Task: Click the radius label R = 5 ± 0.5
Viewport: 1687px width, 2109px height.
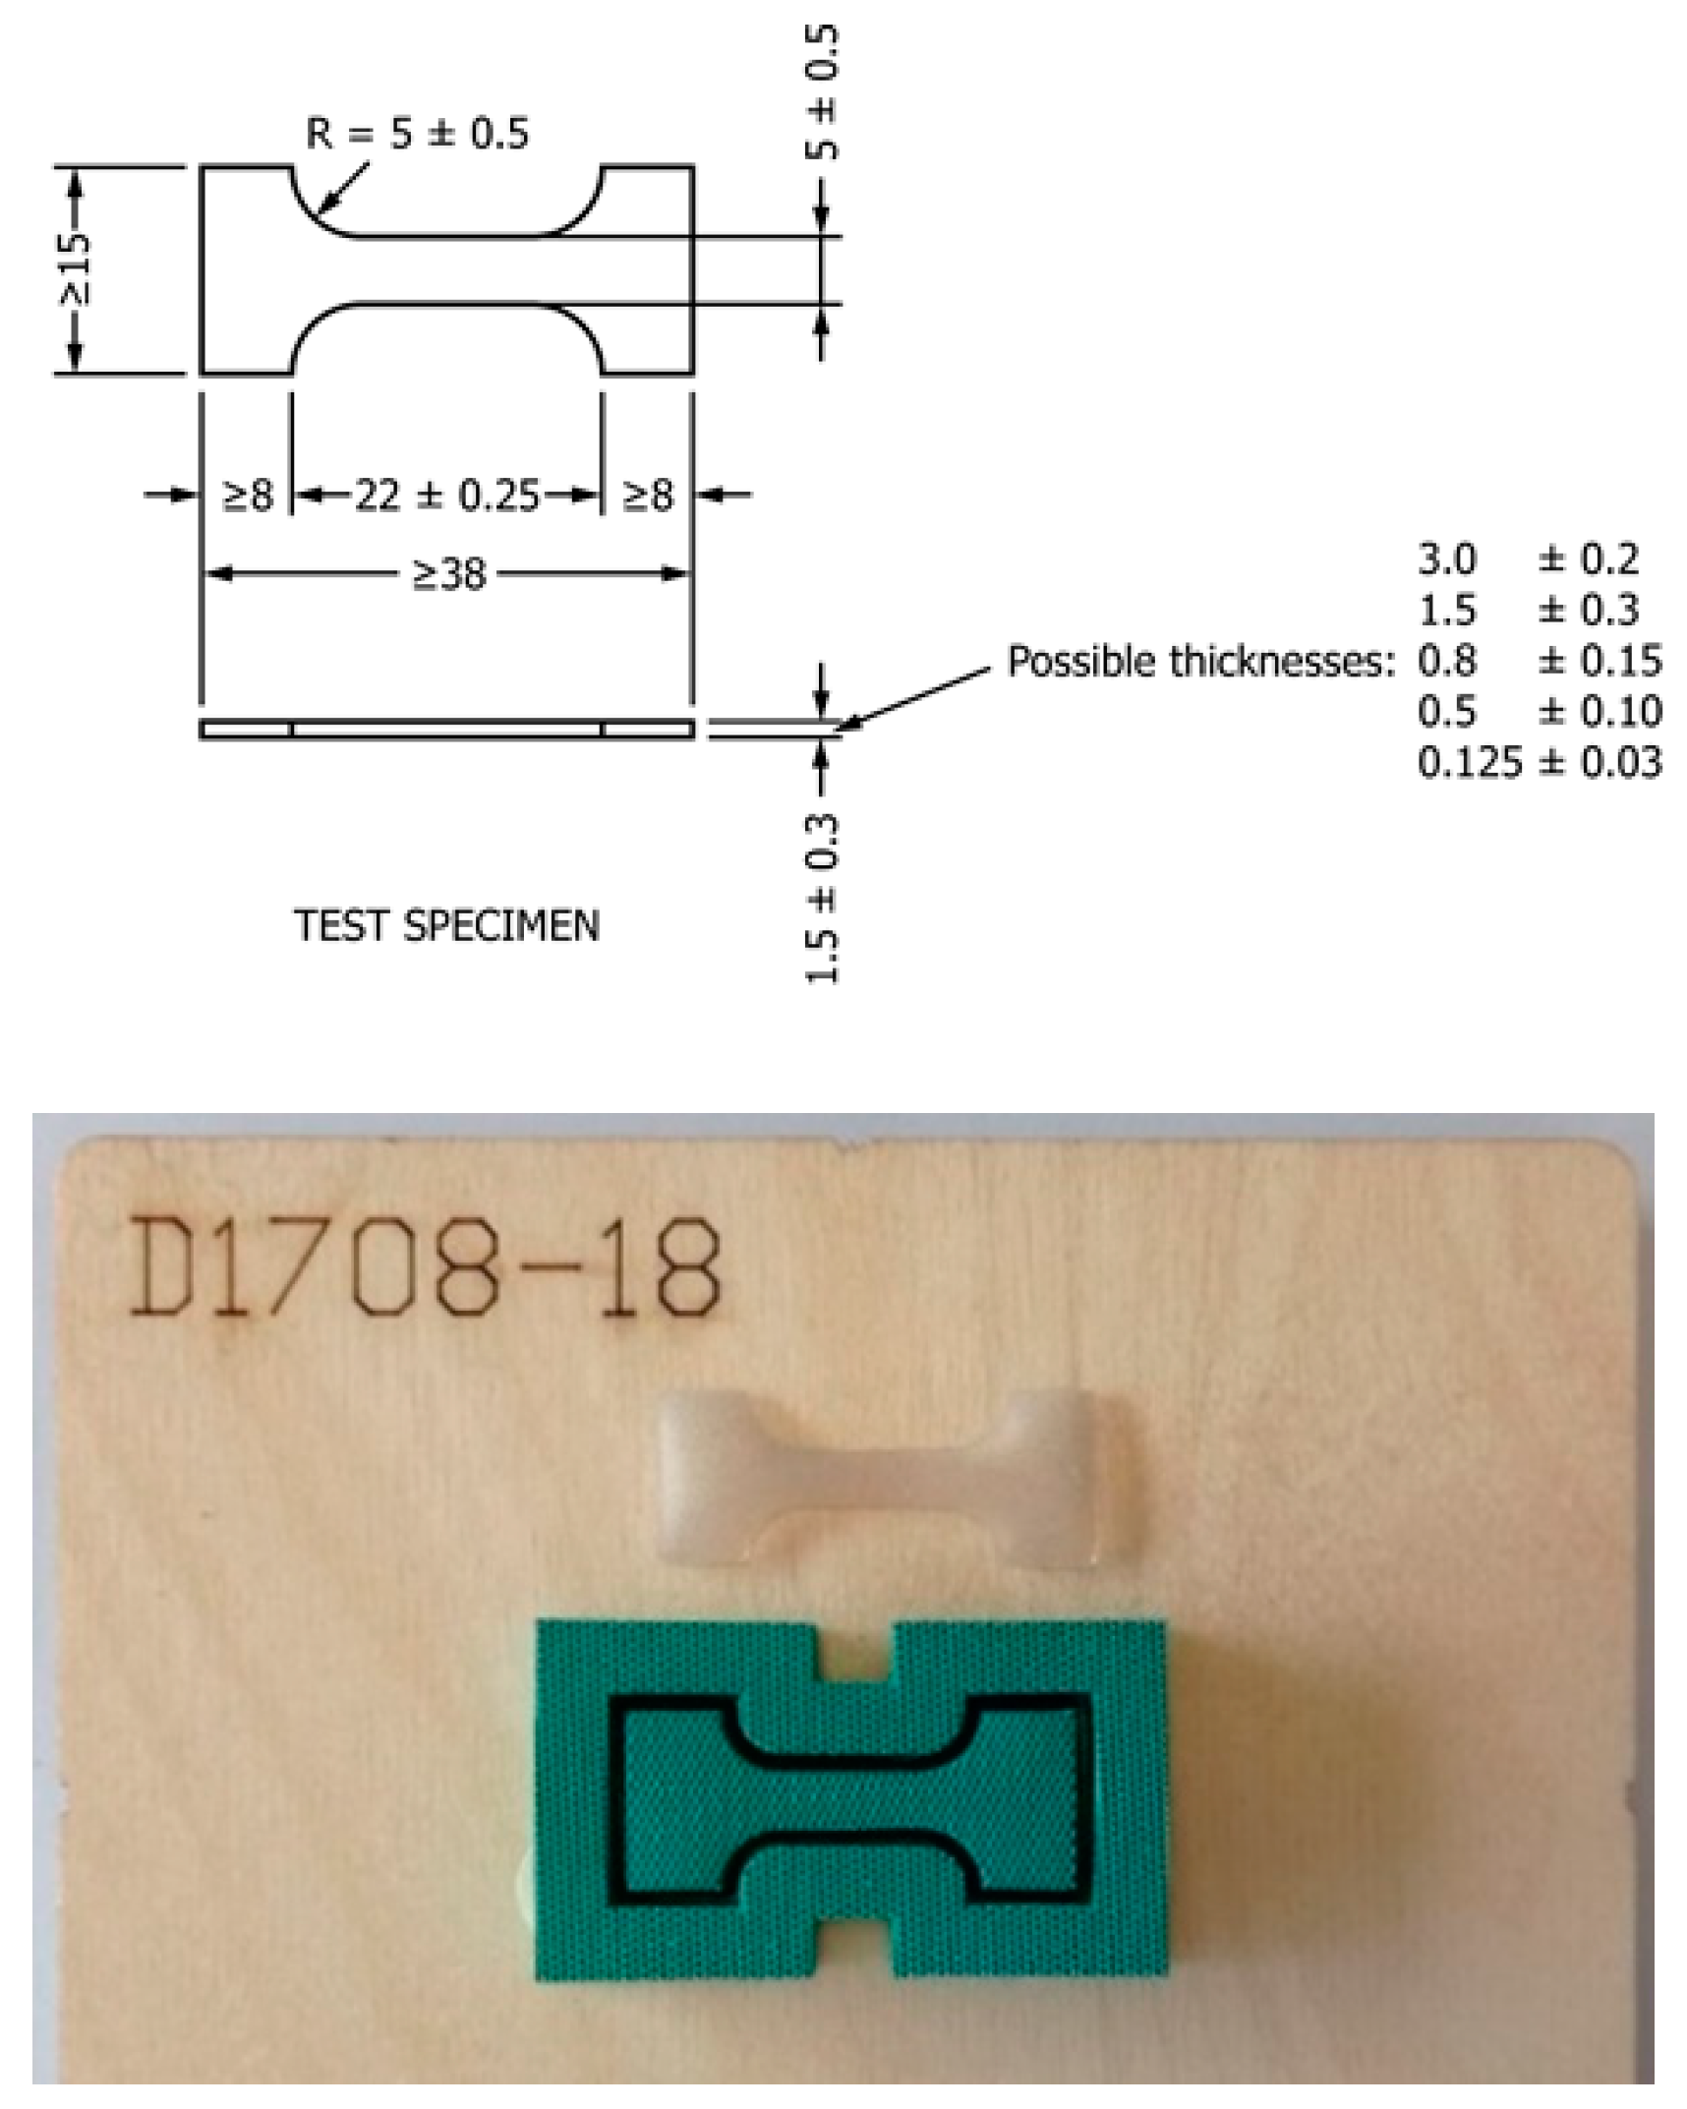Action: [418, 133]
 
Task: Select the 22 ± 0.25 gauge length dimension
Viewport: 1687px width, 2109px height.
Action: [447, 495]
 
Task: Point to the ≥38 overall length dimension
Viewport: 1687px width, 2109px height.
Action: [448, 573]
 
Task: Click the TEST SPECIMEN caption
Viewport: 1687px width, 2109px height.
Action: [447, 925]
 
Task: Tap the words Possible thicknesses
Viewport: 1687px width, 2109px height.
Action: [1200, 662]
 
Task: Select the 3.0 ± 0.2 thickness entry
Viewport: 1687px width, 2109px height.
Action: [1528, 559]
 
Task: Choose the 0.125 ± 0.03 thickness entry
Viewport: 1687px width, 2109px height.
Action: [1540, 762]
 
